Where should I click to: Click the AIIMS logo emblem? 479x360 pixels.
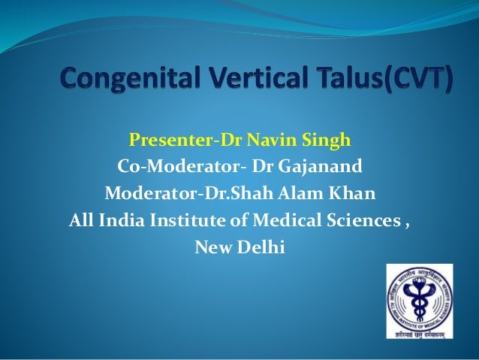[x=420, y=301]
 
